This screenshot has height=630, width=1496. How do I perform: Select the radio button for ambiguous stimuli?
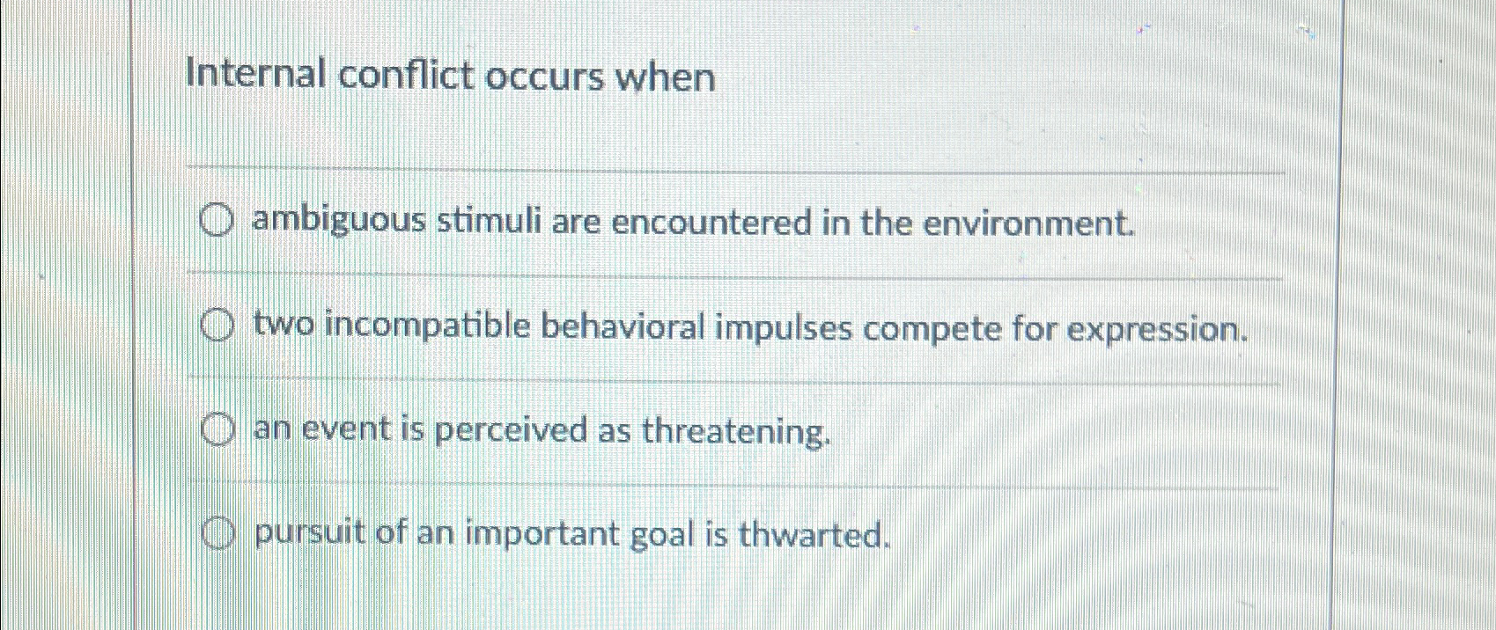pos(217,223)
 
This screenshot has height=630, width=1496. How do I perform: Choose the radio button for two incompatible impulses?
pos(217,327)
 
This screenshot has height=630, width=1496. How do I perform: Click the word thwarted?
pos(810,534)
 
